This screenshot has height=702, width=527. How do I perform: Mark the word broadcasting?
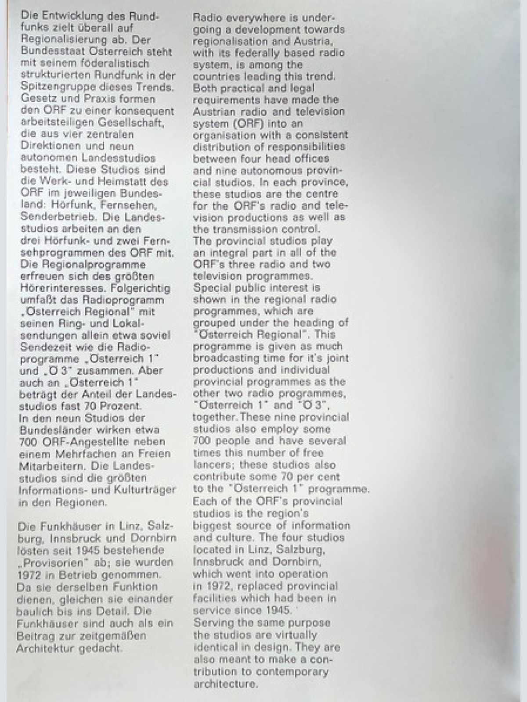[x=231, y=358]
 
